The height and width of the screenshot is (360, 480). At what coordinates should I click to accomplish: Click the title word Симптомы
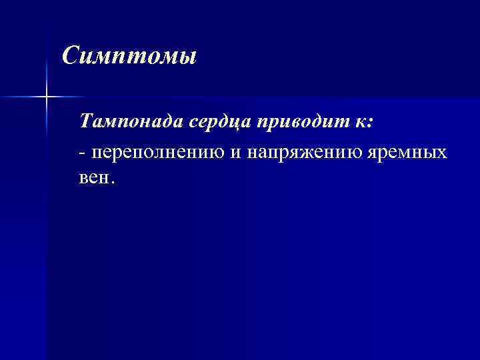click(129, 55)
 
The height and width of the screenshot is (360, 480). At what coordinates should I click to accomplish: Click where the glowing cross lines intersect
click(47, 97)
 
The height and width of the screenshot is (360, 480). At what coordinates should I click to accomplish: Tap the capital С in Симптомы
click(69, 55)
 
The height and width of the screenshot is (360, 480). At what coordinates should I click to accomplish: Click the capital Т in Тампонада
click(85, 122)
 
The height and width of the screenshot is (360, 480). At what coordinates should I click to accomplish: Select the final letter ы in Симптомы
click(188, 57)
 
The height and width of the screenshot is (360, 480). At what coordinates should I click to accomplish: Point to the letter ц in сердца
click(237, 123)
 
